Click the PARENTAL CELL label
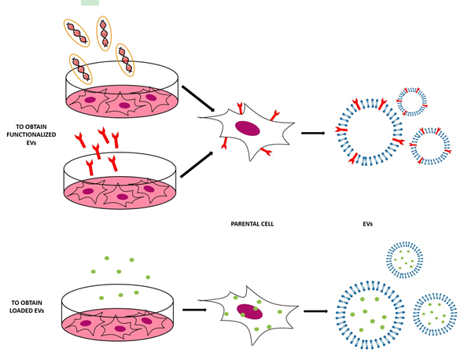point(252,224)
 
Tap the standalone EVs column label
point(367,224)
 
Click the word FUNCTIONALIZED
point(31,134)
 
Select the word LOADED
point(20,310)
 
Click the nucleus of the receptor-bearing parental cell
point(248,128)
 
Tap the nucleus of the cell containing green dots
point(249,311)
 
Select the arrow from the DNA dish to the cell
point(198,98)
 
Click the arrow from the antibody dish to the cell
point(197,164)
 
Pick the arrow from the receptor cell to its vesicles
point(313,133)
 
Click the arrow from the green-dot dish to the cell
point(194,310)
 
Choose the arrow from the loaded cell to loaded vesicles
point(315,311)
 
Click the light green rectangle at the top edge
point(90,2)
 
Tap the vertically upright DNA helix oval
point(104,34)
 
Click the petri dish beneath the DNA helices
point(122,90)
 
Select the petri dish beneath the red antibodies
point(120,181)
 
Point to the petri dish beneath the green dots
point(118,312)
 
